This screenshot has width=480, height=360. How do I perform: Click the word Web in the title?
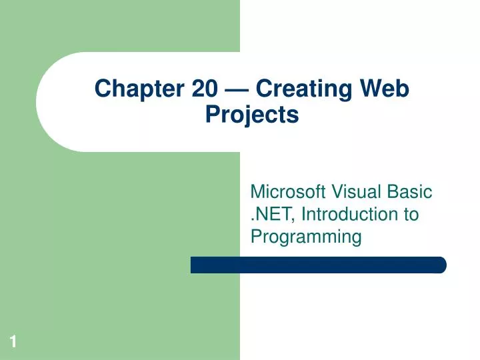(385, 88)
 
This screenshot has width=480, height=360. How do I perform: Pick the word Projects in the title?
(251, 115)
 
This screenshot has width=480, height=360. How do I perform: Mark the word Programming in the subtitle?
(306, 236)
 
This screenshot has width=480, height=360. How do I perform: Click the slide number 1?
(13, 343)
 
